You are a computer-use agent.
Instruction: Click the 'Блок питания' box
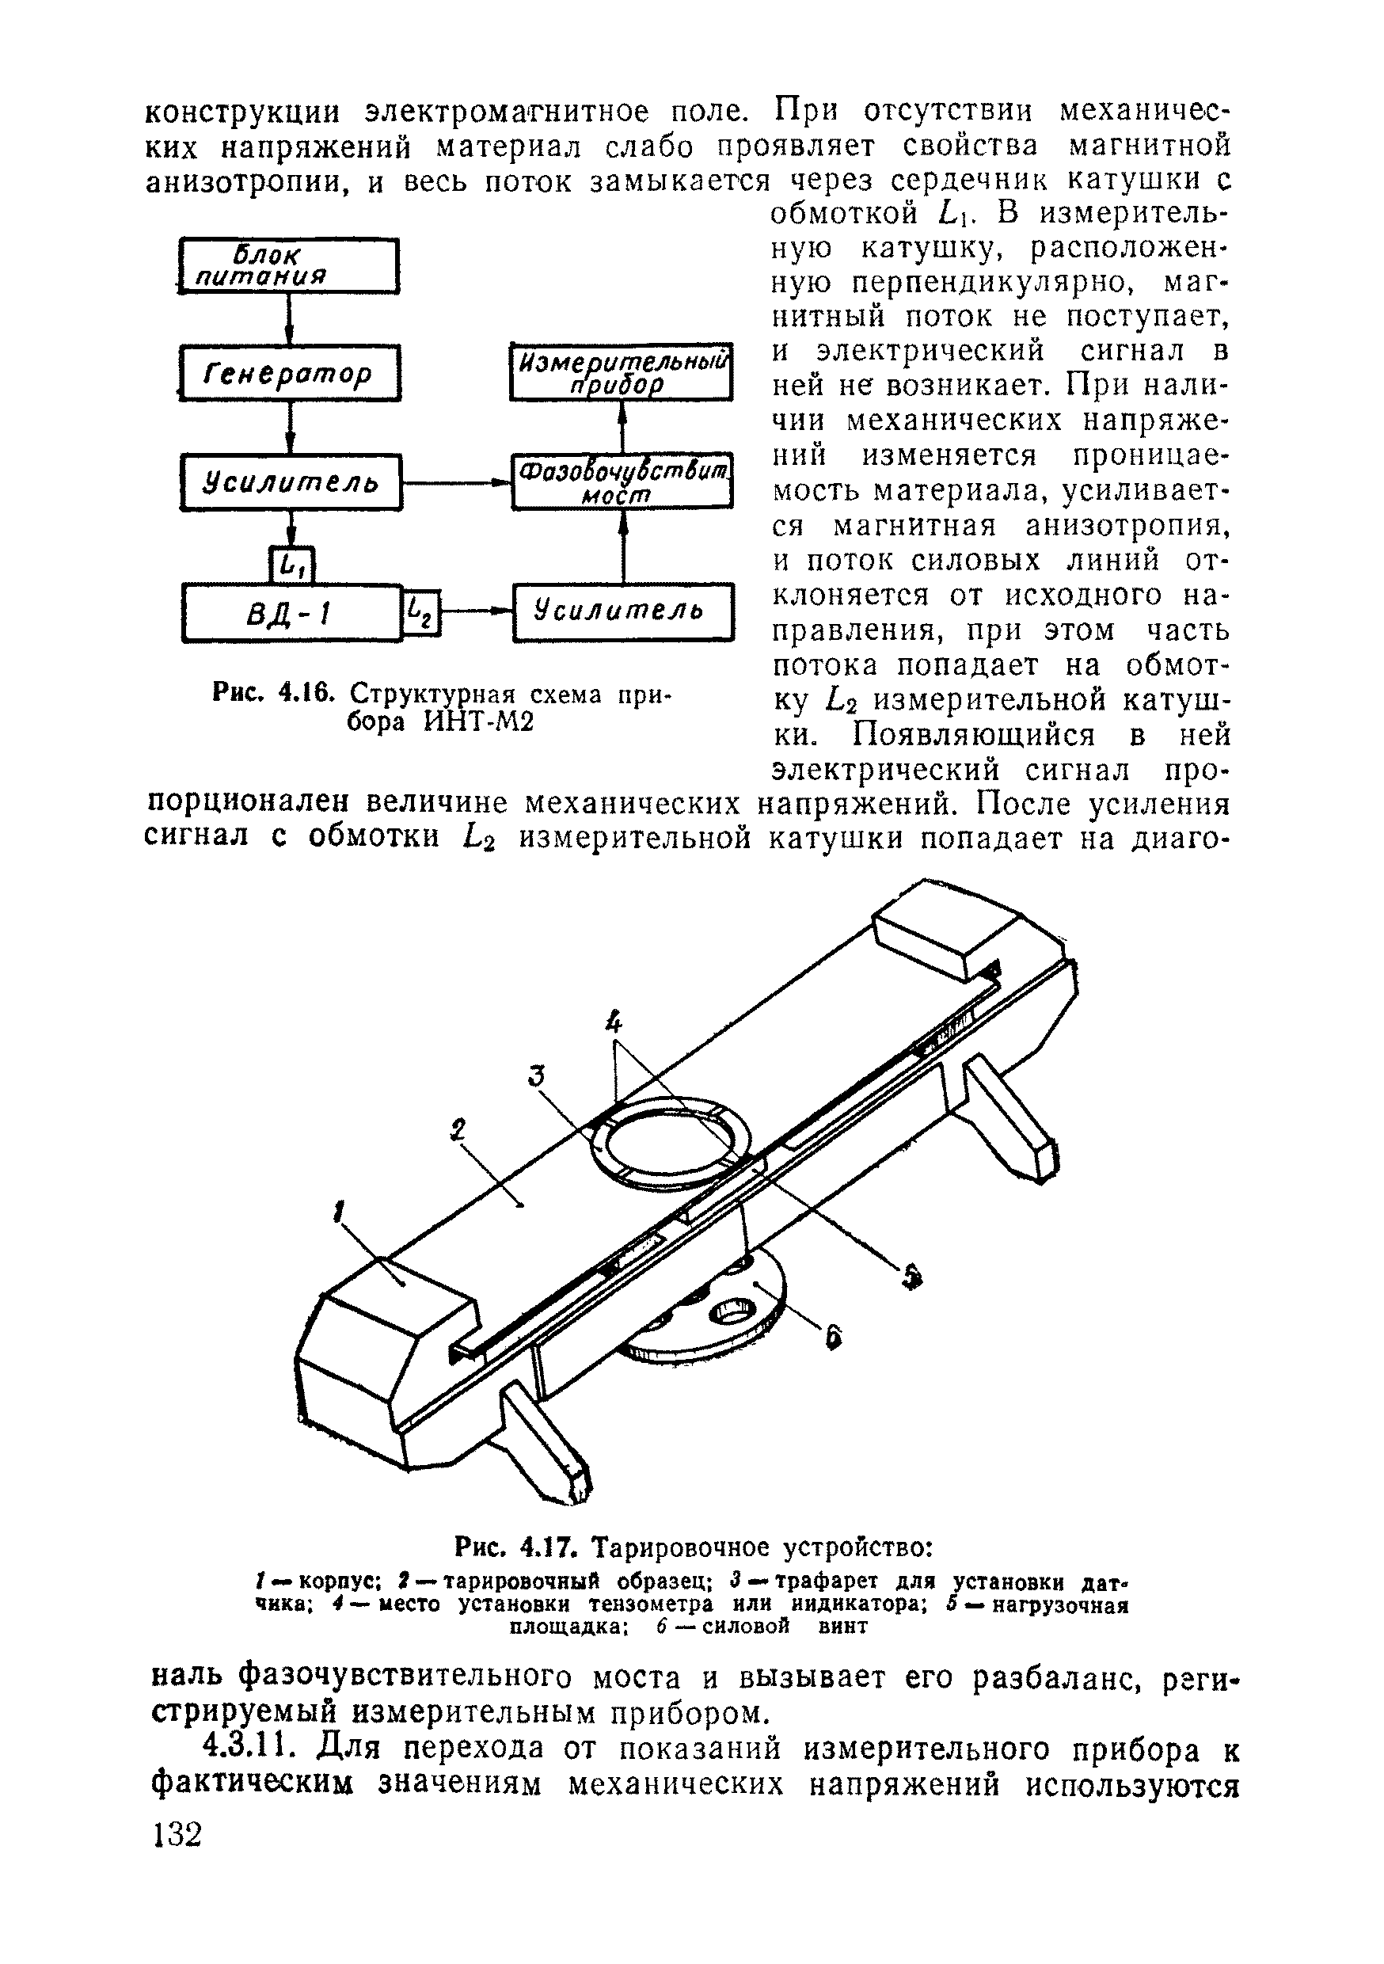coord(289,266)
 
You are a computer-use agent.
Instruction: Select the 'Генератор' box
coord(290,373)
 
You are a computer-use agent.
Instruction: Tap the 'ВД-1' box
coord(291,612)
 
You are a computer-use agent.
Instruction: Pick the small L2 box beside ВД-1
coord(420,612)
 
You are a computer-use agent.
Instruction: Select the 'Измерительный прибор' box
coord(621,371)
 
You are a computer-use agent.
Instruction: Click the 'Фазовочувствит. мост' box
coord(622,481)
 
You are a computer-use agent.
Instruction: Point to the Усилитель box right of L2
coord(622,611)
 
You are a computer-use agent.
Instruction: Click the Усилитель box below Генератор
coord(291,482)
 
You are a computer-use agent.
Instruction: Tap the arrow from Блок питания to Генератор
coord(291,319)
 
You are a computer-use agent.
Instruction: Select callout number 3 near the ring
coord(536,1075)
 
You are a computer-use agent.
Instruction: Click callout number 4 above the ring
coord(614,1022)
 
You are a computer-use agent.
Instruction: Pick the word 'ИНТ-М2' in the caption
coord(479,722)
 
